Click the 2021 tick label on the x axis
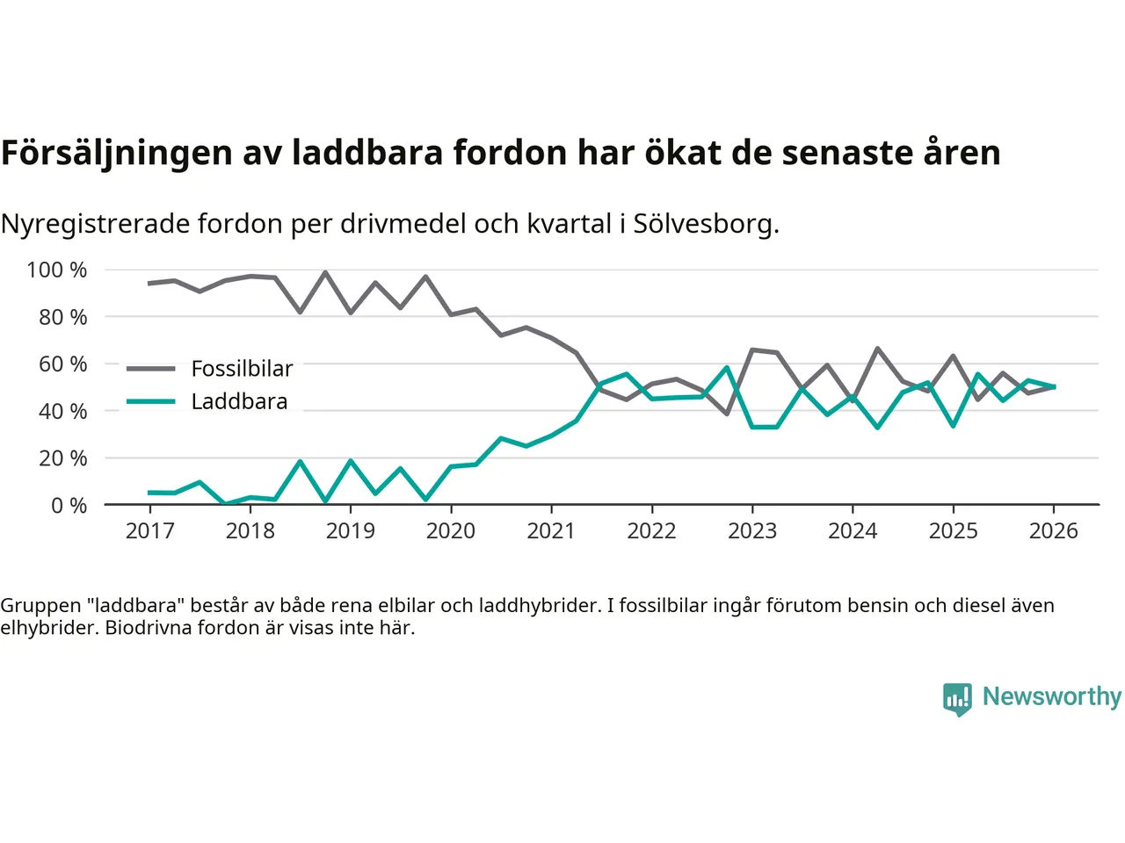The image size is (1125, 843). coord(551,531)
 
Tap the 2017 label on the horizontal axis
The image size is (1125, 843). coord(149,531)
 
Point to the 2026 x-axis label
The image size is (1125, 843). coord(1054,531)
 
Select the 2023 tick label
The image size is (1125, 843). coord(752,531)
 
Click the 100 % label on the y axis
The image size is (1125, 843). coord(57,270)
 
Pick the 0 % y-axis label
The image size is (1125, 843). coord(69,505)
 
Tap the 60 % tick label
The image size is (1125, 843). coord(62,364)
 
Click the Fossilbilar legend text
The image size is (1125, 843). coord(242,369)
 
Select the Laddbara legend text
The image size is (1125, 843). coord(239,402)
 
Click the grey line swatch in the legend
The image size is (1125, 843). coord(150,369)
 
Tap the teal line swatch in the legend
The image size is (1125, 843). coord(150,402)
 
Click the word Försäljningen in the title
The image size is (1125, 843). coord(115,153)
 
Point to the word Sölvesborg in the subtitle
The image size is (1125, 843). coord(703,224)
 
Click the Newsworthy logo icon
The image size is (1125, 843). coord(957,698)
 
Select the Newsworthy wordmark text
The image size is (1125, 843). coord(1051,696)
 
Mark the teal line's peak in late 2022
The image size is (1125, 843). coord(727,368)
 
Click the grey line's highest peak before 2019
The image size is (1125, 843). coord(325,272)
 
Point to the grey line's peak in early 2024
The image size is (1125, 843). coord(877,349)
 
